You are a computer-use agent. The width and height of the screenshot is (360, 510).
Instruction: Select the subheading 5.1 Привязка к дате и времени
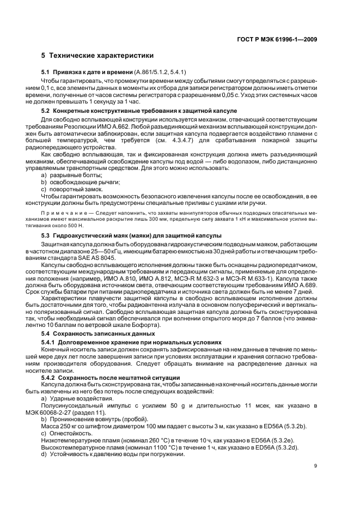87,72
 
